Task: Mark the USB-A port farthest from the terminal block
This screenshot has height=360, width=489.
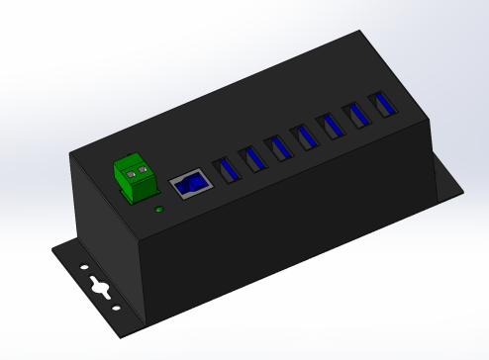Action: click(x=377, y=106)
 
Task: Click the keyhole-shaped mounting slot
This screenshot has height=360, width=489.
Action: click(x=100, y=288)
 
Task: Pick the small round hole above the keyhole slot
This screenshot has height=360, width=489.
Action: click(x=84, y=268)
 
